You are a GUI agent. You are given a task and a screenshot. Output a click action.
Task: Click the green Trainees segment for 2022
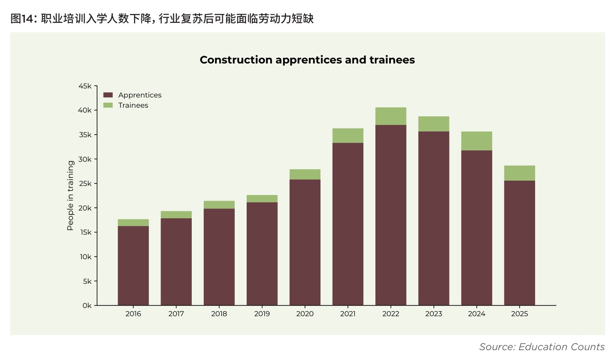391,116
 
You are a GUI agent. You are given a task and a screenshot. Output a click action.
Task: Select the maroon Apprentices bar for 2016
133,266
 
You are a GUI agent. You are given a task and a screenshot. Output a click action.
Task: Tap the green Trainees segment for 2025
520,173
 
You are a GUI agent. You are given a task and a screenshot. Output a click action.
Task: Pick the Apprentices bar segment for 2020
305,242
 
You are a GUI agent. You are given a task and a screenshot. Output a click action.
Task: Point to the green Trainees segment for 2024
477,141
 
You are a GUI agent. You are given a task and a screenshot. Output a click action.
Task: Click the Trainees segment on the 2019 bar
262,198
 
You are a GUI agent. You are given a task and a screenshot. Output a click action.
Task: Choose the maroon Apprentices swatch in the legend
108,95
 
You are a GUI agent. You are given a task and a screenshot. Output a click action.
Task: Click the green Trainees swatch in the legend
108,105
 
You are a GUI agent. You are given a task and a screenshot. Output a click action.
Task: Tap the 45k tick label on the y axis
85,86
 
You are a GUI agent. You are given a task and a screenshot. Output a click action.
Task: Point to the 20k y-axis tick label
85,208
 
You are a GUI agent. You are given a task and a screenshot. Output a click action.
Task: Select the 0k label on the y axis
87,306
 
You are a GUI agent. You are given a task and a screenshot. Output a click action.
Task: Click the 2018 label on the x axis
219,314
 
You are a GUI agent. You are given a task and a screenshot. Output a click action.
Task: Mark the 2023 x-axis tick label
433,314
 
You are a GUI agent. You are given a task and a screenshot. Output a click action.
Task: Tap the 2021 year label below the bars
347,314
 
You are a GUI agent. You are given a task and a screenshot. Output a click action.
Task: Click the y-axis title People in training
70,195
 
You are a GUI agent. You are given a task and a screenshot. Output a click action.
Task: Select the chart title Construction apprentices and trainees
307,60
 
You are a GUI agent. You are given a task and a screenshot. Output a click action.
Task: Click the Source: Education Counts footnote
542,347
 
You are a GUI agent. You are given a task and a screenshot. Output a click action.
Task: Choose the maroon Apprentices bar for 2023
433,218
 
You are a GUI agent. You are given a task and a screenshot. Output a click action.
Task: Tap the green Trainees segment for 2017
176,215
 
